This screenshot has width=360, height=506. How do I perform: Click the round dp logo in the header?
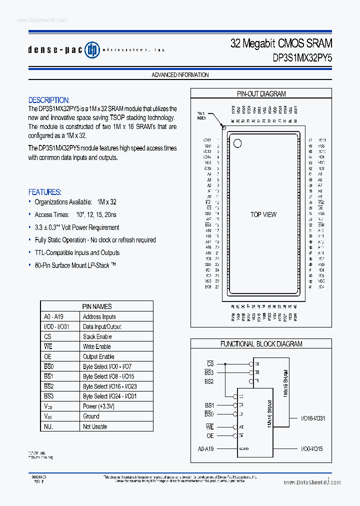(92, 49)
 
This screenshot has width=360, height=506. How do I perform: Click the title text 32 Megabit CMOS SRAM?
(281, 43)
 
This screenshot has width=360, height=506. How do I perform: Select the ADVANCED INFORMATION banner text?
(180, 75)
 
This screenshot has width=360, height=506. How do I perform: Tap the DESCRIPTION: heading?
(48, 100)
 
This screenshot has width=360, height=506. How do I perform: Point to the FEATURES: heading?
(45, 192)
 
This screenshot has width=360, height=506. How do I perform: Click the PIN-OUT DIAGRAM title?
(261, 93)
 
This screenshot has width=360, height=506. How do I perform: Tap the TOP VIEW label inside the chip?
(263, 214)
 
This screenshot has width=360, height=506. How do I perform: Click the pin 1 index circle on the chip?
(237, 143)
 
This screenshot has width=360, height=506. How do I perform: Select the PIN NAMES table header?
(97, 306)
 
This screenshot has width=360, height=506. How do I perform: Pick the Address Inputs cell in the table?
(99, 316)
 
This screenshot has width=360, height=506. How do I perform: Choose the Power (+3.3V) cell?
(98, 406)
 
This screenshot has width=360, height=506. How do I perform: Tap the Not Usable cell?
(95, 426)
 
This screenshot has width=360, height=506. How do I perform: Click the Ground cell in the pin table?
(91, 416)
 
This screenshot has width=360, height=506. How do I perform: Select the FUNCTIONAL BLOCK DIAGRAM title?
(261, 344)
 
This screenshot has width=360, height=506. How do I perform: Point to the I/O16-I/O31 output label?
(312, 418)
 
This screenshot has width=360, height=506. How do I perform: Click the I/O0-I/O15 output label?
(311, 449)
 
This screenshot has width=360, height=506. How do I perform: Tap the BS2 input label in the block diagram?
(209, 381)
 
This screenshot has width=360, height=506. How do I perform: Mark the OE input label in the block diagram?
(209, 436)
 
